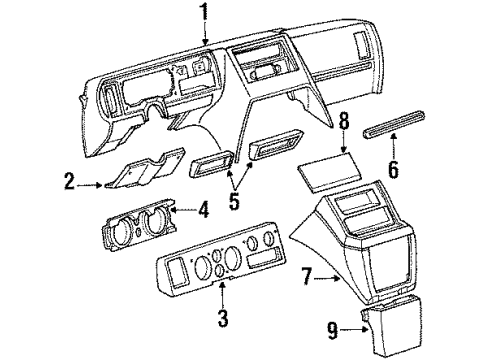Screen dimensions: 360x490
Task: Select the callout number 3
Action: pos(223,320)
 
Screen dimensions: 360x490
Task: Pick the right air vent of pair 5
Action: pos(268,151)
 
